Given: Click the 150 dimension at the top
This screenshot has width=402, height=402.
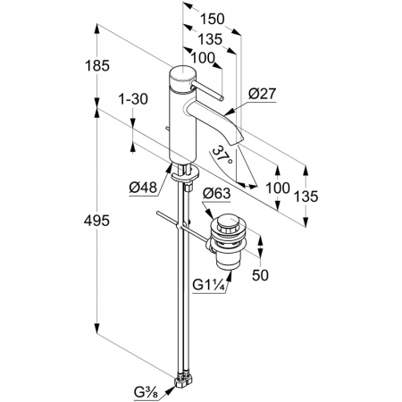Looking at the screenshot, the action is point(212,20).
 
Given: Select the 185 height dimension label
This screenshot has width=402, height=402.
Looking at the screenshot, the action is point(97,66).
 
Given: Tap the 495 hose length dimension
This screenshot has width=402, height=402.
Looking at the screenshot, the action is point(96,221).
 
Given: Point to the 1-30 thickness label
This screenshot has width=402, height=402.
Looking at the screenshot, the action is point(133,99).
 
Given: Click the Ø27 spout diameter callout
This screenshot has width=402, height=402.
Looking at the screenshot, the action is point(263,94).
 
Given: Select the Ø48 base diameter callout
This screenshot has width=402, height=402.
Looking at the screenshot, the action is point(143,188).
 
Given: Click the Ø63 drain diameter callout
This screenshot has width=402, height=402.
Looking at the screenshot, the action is point(216,194).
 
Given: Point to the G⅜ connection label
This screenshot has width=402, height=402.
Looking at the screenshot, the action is point(146,392).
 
